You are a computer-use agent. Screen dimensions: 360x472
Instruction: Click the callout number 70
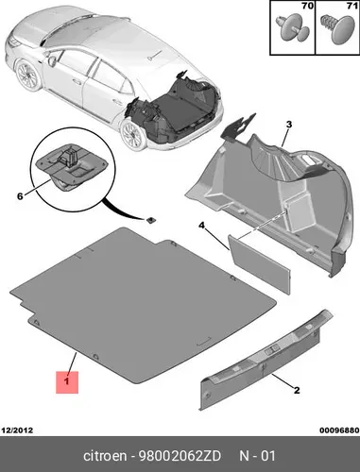(308, 6)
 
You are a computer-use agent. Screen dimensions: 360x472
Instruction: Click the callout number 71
(352, 6)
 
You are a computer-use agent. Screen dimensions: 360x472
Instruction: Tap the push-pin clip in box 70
(293, 30)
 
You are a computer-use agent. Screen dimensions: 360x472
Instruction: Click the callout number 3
(289, 125)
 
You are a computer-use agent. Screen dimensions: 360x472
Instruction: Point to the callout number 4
(201, 226)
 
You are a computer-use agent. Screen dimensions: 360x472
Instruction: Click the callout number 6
(20, 196)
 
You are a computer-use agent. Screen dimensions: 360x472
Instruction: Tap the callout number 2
(297, 391)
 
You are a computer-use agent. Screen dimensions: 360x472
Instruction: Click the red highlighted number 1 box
(67, 382)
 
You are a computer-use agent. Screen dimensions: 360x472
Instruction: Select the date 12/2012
(17, 430)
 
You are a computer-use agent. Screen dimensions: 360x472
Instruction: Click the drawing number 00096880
(339, 430)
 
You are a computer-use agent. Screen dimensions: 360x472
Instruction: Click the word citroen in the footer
(105, 456)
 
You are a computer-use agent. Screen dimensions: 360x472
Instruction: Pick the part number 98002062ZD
(180, 456)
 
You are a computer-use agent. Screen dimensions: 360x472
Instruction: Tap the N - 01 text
(257, 456)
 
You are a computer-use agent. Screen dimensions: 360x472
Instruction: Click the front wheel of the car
(27, 76)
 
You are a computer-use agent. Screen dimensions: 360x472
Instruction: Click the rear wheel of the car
(133, 135)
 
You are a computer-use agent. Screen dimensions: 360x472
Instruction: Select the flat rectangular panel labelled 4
(259, 264)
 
